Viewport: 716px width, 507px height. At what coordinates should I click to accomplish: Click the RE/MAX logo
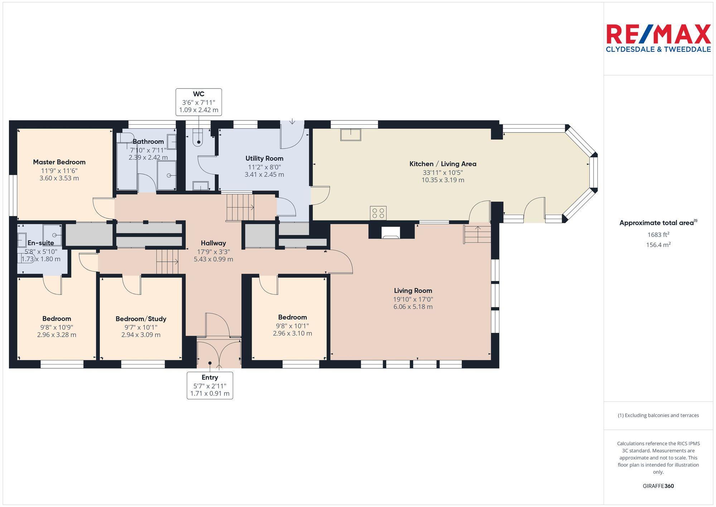pyautogui.click(x=658, y=34)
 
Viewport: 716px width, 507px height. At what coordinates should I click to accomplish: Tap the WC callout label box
pyautogui.click(x=199, y=102)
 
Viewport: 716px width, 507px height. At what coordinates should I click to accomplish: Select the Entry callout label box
pyautogui.click(x=210, y=386)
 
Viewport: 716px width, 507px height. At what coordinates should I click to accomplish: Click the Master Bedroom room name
pyautogui.click(x=59, y=162)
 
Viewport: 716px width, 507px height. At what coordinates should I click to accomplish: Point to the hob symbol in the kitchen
pyautogui.click(x=378, y=212)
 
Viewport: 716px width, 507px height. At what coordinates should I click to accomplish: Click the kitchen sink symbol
pyautogui.click(x=350, y=135)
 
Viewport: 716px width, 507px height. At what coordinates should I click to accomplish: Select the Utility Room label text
pyautogui.click(x=264, y=158)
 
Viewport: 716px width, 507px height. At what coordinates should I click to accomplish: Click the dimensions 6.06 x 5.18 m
pyautogui.click(x=413, y=307)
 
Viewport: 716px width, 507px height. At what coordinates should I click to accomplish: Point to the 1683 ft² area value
pyautogui.click(x=658, y=235)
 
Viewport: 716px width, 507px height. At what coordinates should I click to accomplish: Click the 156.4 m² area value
pyautogui.click(x=658, y=245)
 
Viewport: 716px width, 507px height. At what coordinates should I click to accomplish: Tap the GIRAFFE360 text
pyautogui.click(x=658, y=486)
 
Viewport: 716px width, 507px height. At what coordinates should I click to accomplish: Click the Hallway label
pyautogui.click(x=213, y=243)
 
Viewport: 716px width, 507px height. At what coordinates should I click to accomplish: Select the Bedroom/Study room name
pyautogui.click(x=141, y=319)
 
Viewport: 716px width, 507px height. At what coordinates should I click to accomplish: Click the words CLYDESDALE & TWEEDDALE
pyautogui.click(x=658, y=49)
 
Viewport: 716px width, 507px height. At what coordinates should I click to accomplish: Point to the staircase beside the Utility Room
pyautogui.click(x=240, y=207)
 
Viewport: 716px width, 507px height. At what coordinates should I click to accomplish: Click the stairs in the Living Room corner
pyautogui.click(x=477, y=234)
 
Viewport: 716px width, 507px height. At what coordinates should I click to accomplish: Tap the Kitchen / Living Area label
pyautogui.click(x=442, y=164)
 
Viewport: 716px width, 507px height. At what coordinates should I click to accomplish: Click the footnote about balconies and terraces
pyautogui.click(x=658, y=415)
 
